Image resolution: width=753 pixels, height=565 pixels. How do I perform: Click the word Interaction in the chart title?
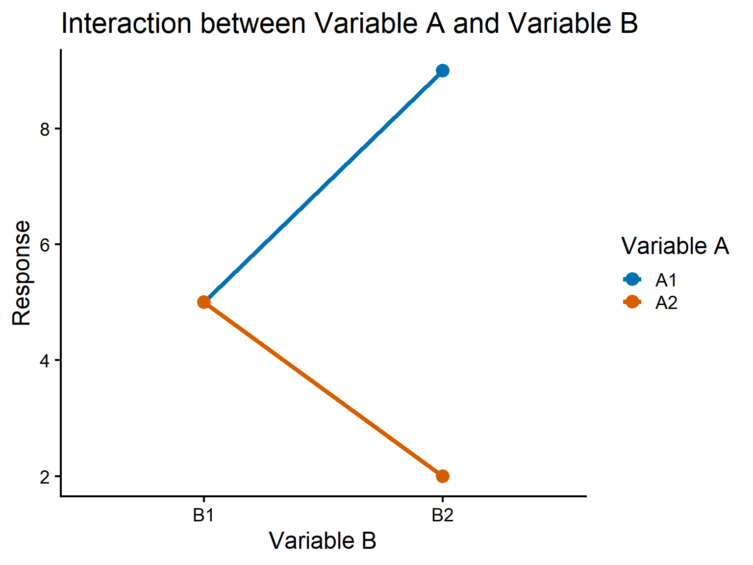(126, 24)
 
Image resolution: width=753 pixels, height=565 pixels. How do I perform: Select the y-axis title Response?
(22, 273)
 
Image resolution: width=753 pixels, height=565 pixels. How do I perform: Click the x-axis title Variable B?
(323, 540)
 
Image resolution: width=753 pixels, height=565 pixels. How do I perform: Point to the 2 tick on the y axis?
(45, 477)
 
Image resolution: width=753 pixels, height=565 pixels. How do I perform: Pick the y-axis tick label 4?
(45, 361)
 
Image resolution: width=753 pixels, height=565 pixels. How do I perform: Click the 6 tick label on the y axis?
(45, 245)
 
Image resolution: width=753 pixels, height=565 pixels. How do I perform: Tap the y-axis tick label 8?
(45, 129)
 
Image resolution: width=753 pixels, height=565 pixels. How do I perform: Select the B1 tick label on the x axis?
(203, 515)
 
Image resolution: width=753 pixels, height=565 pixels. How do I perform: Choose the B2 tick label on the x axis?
(442, 515)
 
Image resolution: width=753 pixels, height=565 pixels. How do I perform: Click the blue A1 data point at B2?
(442, 71)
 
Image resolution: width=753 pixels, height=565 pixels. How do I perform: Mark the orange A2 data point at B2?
(442, 476)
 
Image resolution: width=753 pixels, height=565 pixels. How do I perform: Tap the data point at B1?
(204, 302)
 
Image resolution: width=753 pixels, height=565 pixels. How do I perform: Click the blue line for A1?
(324, 186)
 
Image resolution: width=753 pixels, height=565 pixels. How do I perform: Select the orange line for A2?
(324, 389)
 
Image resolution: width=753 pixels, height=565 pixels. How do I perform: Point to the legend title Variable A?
(675, 246)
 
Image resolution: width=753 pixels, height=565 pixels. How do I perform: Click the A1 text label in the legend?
(666, 280)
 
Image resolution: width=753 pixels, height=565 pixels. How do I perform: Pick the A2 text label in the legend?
(666, 303)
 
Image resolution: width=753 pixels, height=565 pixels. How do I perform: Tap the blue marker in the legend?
(632, 279)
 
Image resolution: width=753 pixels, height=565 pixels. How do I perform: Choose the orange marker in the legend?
(632, 302)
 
